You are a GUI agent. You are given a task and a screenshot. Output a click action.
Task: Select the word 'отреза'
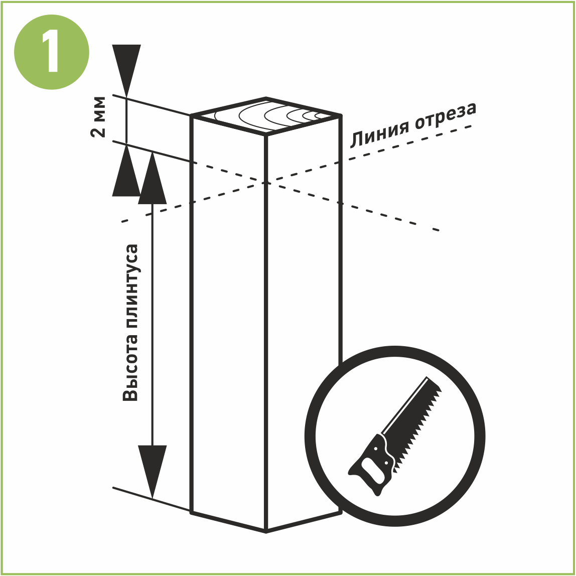(445, 116)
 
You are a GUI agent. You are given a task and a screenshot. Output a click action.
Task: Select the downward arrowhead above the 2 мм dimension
(126, 70)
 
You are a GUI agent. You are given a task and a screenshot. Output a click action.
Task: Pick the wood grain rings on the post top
(281, 115)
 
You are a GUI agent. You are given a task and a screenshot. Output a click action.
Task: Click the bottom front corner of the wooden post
(266, 531)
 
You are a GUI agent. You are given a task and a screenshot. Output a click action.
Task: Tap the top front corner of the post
(266, 134)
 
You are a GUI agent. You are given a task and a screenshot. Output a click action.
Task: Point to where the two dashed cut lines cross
(266, 183)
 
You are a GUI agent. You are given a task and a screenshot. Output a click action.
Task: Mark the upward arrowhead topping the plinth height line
(152, 179)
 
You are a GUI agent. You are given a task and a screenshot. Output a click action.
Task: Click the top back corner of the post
(266, 98)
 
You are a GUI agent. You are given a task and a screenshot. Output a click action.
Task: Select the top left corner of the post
(191, 116)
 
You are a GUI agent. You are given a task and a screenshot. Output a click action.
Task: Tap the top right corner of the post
(341, 116)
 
